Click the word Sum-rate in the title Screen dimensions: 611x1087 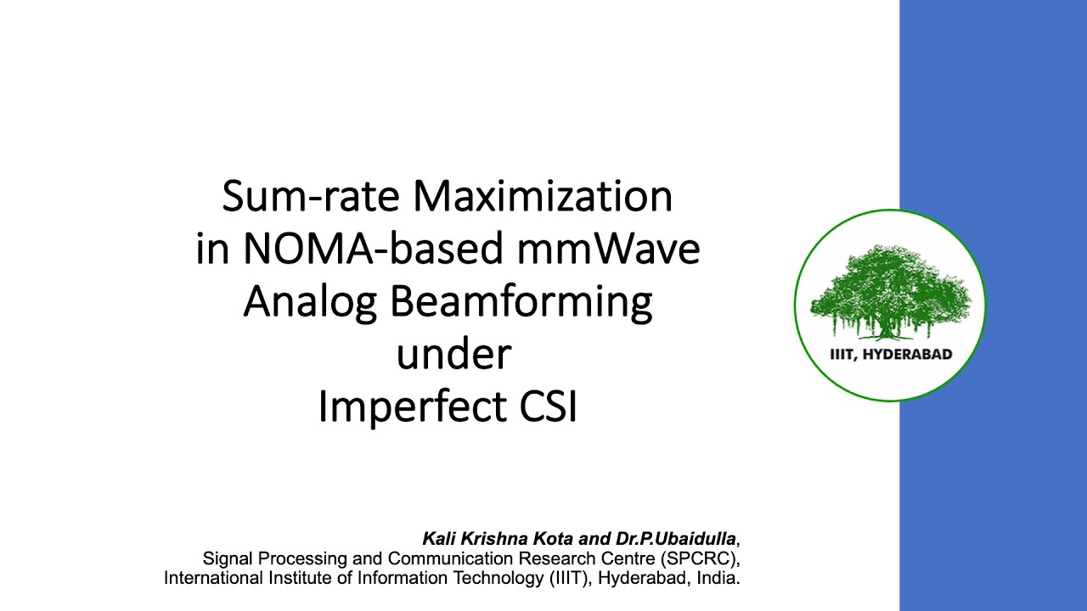[x=312, y=197]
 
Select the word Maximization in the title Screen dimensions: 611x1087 [x=543, y=197]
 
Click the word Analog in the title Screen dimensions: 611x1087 [x=310, y=303]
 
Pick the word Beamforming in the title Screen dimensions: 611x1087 [x=521, y=303]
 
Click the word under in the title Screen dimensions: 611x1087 [x=453, y=355]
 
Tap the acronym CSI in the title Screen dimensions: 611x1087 [x=548, y=407]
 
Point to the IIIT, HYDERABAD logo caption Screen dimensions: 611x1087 [x=891, y=355]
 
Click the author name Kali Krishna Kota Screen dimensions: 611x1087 [x=498, y=539]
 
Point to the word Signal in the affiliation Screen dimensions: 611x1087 [x=227, y=559]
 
